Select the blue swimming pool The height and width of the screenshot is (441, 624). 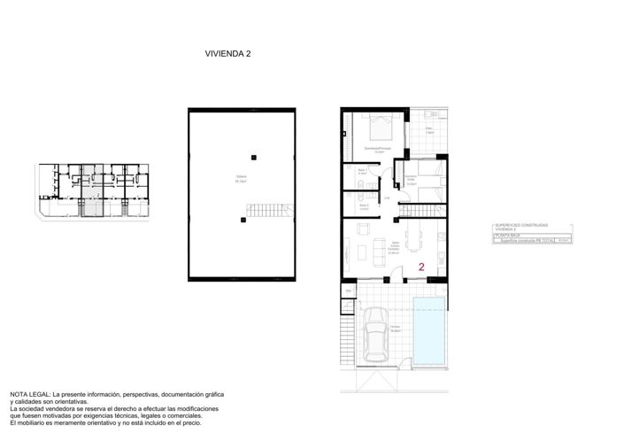tap(430, 330)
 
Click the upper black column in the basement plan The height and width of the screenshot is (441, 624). tap(254, 157)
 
